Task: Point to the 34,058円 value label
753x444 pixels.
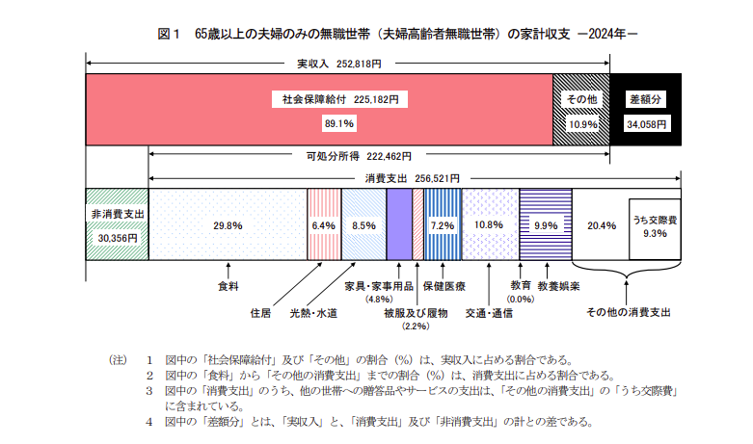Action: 647,124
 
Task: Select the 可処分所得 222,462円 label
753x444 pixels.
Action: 359,155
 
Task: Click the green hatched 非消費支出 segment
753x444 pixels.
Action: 117,224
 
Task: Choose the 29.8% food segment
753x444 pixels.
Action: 227,224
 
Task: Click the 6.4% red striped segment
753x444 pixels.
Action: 322,224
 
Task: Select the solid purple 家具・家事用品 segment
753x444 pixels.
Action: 399,224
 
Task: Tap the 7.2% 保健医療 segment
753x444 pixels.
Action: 442,224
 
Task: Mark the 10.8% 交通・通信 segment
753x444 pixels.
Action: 490,224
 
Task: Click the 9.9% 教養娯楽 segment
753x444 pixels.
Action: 546,224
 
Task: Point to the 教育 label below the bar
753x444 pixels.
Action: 522,285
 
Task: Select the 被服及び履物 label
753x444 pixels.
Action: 416,313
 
